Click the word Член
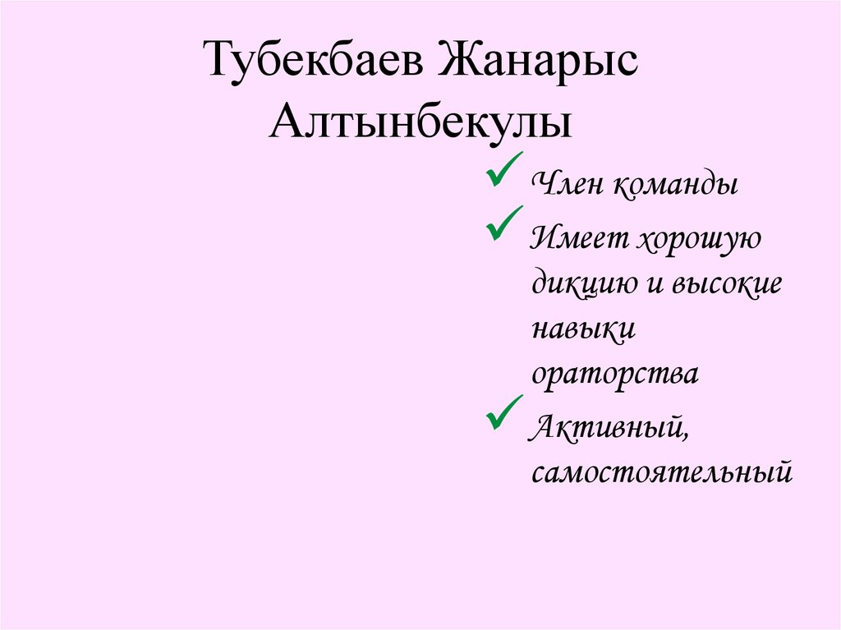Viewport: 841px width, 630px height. pos(566,184)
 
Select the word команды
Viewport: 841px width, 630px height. pos(674,184)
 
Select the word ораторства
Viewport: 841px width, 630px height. pos(615,374)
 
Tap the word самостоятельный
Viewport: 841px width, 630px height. pos(662,472)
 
